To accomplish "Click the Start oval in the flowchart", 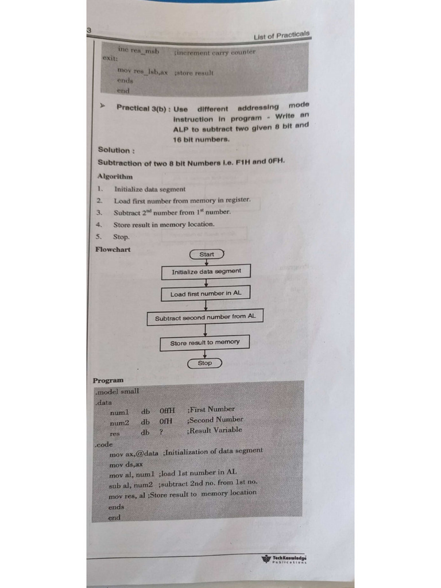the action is click(x=207, y=254).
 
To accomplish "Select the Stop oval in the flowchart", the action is click(x=205, y=363).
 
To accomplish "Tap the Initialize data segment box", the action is click(x=206, y=272).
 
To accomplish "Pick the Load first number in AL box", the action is click(x=206, y=293).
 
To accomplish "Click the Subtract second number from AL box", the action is click(x=205, y=317).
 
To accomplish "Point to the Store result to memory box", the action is click(x=205, y=343).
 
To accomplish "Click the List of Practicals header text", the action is click(x=281, y=35).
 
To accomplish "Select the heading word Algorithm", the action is click(x=115, y=176).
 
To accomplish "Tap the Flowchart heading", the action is click(x=113, y=249).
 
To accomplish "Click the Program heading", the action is click(x=108, y=380).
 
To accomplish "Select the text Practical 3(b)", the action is click(x=142, y=107).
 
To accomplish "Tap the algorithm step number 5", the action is click(x=99, y=236).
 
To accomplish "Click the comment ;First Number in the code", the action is click(x=211, y=409).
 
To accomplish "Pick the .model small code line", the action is click(x=117, y=391).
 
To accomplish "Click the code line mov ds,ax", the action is click(x=126, y=465).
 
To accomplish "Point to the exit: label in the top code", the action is click(x=110, y=58).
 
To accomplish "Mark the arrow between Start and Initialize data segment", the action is click(x=207, y=262).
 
